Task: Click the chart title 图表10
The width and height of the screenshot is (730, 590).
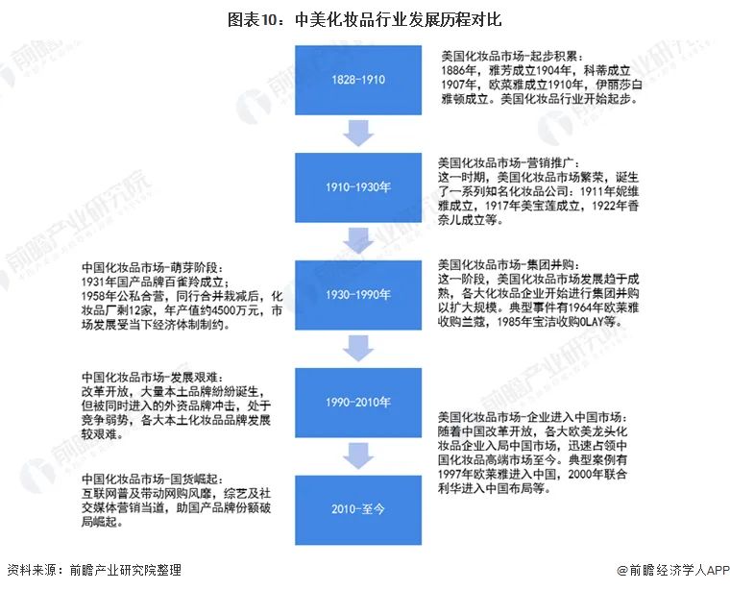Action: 364,18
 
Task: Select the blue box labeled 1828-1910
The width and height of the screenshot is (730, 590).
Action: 359,80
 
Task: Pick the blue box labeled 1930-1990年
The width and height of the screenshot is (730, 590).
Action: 359,295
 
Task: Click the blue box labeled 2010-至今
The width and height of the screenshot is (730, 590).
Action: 359,508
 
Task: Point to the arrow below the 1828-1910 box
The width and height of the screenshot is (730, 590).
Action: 359,132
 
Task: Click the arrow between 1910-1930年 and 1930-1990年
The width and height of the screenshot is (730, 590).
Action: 359,239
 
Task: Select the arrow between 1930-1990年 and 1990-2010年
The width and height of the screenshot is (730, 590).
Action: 359,348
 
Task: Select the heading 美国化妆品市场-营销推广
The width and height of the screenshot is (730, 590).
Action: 507,163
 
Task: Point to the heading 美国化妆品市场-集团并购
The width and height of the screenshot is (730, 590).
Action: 507,264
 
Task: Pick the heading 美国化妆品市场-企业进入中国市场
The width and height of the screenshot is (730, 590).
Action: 531,417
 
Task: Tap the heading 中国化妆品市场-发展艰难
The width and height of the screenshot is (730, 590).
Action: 154,378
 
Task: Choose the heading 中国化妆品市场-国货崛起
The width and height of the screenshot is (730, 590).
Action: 154,479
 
